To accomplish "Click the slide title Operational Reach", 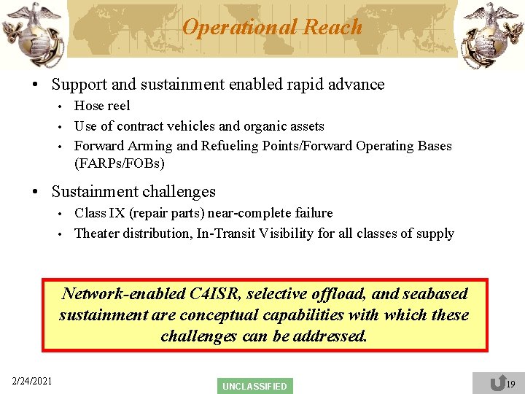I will (271, 27).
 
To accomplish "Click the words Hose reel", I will (102, 106).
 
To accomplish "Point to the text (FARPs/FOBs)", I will (120, 162).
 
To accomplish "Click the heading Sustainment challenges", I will (133, 192).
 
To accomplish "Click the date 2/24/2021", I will (32, 380).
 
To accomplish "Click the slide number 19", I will (510, 384).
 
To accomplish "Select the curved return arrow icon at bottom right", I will (497, 383).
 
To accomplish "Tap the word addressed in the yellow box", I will (331, 336).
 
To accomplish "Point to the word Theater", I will (97, 233).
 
